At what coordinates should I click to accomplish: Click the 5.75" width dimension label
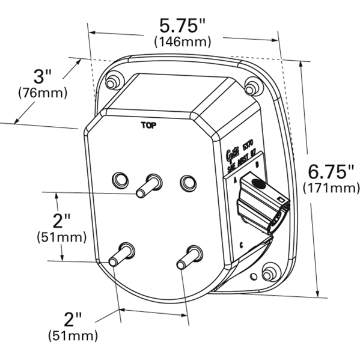[183, 26]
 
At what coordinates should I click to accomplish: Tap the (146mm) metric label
[183, 42]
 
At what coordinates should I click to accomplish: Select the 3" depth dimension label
[43, 78]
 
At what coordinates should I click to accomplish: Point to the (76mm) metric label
[43, 93]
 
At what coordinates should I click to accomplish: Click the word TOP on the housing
[147, 126]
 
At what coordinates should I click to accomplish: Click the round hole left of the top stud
[120, 178]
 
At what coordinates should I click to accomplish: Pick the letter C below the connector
[241, 245]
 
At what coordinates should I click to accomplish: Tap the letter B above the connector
[257, 164]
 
